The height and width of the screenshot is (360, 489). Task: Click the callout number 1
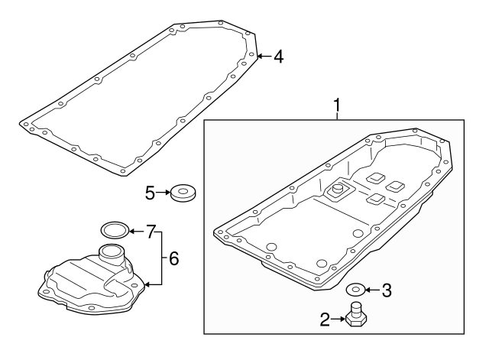pos(337,104)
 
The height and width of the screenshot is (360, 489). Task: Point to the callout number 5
pos(151,193)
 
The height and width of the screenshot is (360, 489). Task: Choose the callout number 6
pos(173,259)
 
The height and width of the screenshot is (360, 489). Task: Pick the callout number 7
pos(151,230)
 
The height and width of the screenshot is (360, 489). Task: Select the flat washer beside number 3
pos(355,290)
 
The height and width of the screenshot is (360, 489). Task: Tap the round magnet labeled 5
pos(183,193)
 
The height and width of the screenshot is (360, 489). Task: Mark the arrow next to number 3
pos(372,290)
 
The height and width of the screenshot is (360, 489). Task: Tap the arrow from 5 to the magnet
pos(164,193)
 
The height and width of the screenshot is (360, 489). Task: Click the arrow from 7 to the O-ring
pos(137,230)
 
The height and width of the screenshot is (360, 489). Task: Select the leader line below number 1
pos(337,115)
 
